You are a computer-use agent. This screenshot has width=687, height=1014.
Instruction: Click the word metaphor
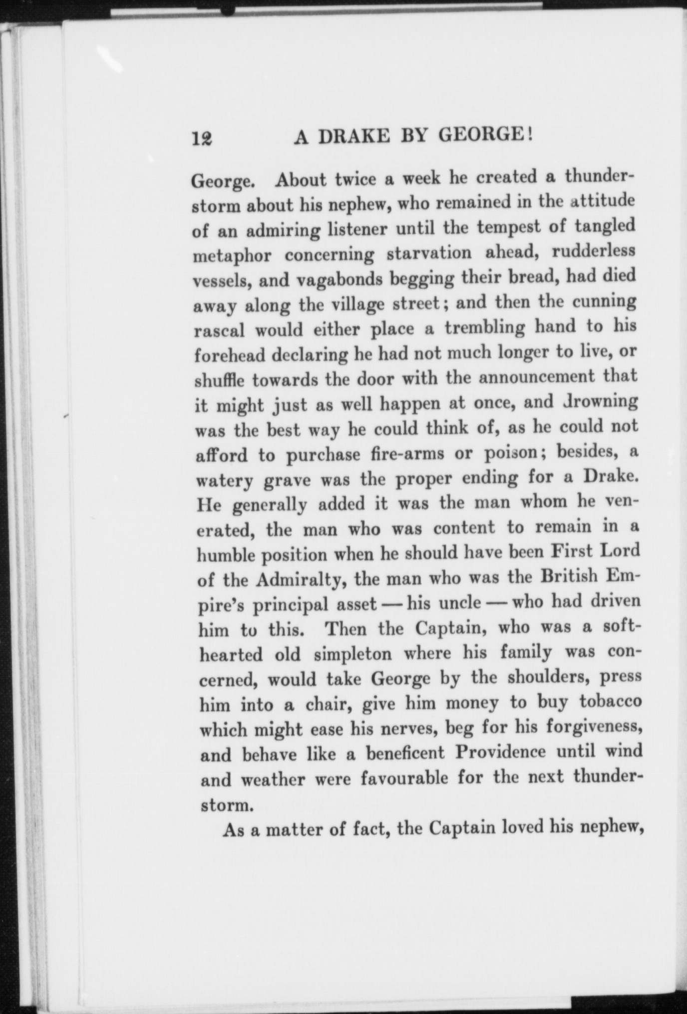(x=232, y=256)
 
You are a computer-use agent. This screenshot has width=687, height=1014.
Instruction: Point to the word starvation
(x=429, y=253)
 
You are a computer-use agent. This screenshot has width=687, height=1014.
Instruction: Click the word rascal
(x=218, y=331)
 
